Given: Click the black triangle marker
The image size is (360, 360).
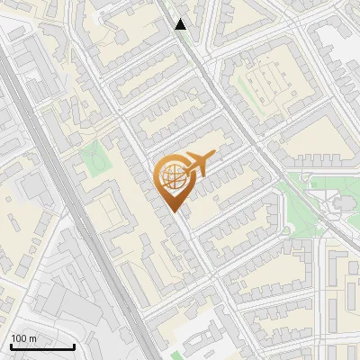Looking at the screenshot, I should tap(181, 24).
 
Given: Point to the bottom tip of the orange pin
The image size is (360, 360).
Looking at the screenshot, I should tap(175, 212).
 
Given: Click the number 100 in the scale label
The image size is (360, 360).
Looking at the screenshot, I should tap(20, 338).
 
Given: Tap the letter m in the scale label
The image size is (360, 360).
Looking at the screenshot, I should tap(34, 338).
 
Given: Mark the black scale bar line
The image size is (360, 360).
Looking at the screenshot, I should tap(42, 346).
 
